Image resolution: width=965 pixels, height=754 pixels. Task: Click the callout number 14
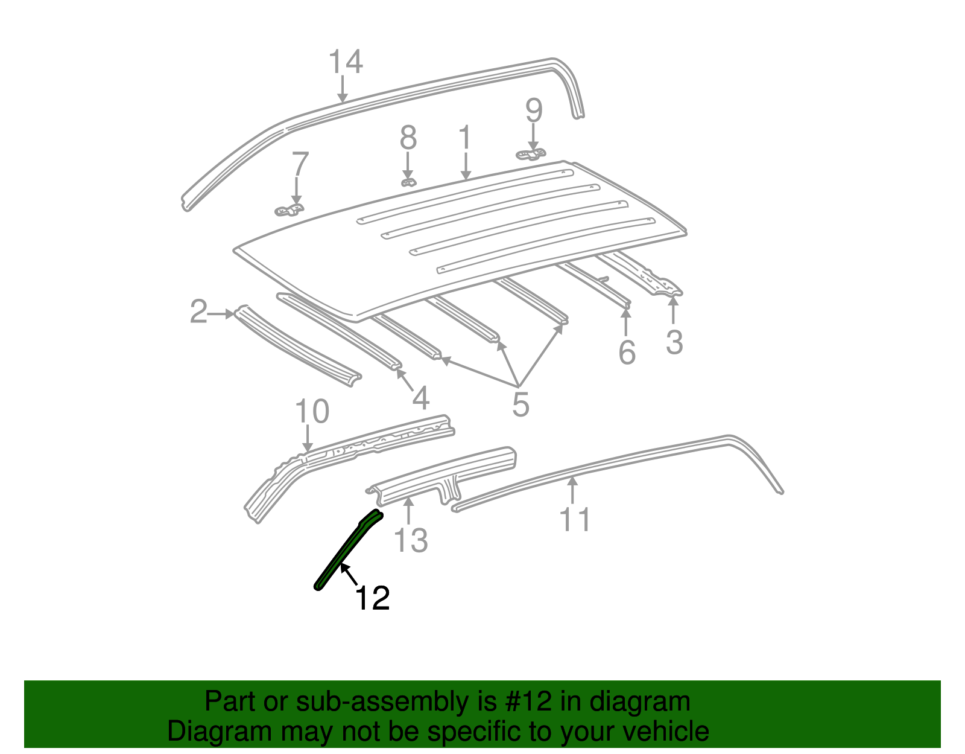pyautogui.click(x=346, y=62)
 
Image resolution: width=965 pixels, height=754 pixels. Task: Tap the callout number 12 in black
pyautogui.click(x=372, y=598)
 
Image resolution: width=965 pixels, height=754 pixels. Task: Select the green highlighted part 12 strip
pyautogui.click(x=347, y=551)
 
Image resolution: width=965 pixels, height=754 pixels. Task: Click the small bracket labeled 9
pyautogui.click(x=531, y=155)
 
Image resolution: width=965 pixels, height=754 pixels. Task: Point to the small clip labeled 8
pyautogui.click(x=408, y=182)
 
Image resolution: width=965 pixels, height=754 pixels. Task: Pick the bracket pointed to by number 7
pyautogui.click(x=289, y=210)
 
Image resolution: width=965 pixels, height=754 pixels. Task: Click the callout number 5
pyautogui.click(x=520, y=404)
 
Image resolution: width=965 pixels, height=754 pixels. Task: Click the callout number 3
pyautogui.click(x=674, y=342)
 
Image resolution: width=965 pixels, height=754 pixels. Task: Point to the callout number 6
pyautogui.click(x=627, y=353)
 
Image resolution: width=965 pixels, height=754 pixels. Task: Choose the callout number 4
pyautogui.click(x=420, y=398)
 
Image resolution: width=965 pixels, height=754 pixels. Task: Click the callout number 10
pyautogui.click(x=312, y=412)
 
